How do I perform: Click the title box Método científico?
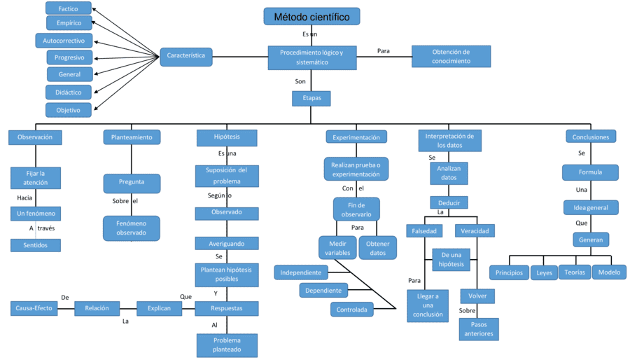tap(311, 17)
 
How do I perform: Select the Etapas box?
tap(311, 98)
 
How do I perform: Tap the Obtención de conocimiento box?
tap(451, 57)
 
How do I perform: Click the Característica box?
tap(186, 56)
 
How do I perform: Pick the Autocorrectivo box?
tap(64, 41)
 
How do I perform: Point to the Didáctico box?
tap(69, 92)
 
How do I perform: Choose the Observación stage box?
tap(35, 137)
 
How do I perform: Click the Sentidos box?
tap(35, 245)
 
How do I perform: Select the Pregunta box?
tap(132, 183)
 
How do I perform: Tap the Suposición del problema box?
tap(227, 176)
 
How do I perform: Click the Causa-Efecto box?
tap(34, 308)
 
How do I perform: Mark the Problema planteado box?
tap(227, 345)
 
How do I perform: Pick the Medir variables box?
tap(337, 248)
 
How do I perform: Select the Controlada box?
tap(351, 310)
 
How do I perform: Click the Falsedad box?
tap(424, 231)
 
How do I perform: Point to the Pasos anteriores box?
tap(479, 329)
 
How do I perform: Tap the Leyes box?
tap(544, 273)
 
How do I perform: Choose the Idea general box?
tap(591, 207)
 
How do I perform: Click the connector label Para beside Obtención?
tap(384, 51)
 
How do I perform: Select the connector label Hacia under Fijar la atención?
tap(25, 198)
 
